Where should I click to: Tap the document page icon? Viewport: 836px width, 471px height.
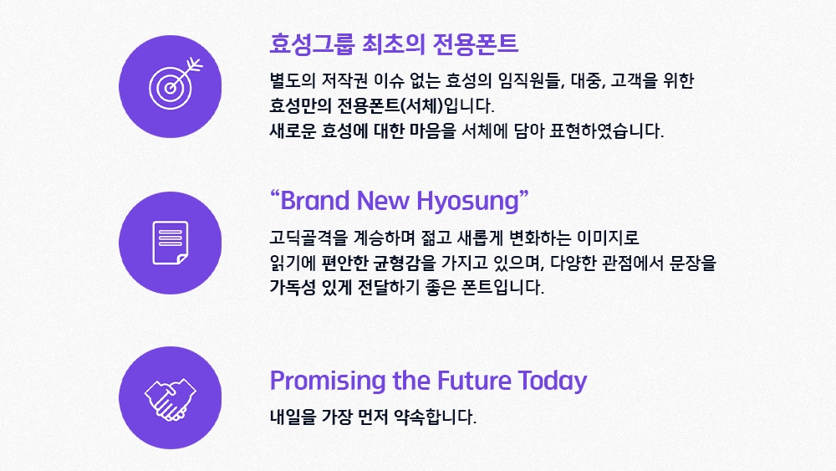[x=170, y=243]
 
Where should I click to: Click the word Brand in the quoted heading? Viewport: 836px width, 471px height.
[x=315, y=201]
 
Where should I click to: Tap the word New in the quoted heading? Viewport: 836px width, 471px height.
[x=384, y=201]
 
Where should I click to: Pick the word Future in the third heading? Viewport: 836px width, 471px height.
[x=475, y=381]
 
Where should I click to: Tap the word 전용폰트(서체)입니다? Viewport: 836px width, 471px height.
[x=415, y=105]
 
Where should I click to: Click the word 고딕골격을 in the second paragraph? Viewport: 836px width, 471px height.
[x=308, y=238]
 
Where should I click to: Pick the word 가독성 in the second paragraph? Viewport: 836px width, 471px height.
[x=293, y=288]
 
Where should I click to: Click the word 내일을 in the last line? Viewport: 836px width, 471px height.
[x=293, y=417]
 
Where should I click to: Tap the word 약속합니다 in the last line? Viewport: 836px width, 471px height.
[x=435, y=417]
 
